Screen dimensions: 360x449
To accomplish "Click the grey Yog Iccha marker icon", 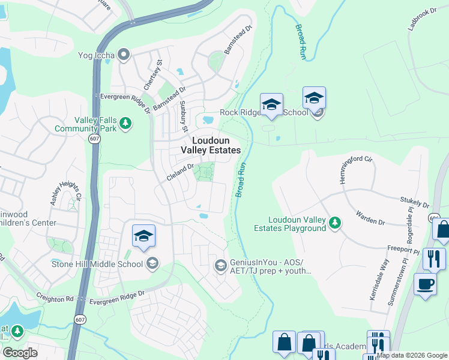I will coord(124,56).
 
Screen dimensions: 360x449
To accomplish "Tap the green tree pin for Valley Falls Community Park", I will coord(125,124).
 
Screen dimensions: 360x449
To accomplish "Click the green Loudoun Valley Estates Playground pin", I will coord(335,224).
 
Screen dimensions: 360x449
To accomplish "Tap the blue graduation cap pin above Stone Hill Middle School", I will coord(143,236).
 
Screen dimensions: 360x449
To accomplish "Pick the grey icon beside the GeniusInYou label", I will coord(220,265).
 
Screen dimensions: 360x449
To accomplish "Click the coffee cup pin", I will coord(425,284).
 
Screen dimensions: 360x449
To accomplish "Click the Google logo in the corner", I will coord(20,353).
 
